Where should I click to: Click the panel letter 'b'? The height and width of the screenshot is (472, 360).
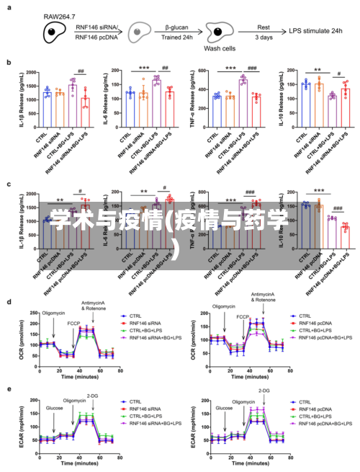(x=9, y=63)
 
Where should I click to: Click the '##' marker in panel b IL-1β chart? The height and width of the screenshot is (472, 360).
(x=81, y=71)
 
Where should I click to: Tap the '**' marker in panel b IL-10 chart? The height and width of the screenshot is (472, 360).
(x=317, y=71)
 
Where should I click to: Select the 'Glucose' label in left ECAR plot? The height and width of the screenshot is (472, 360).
(x=54, y=407)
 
